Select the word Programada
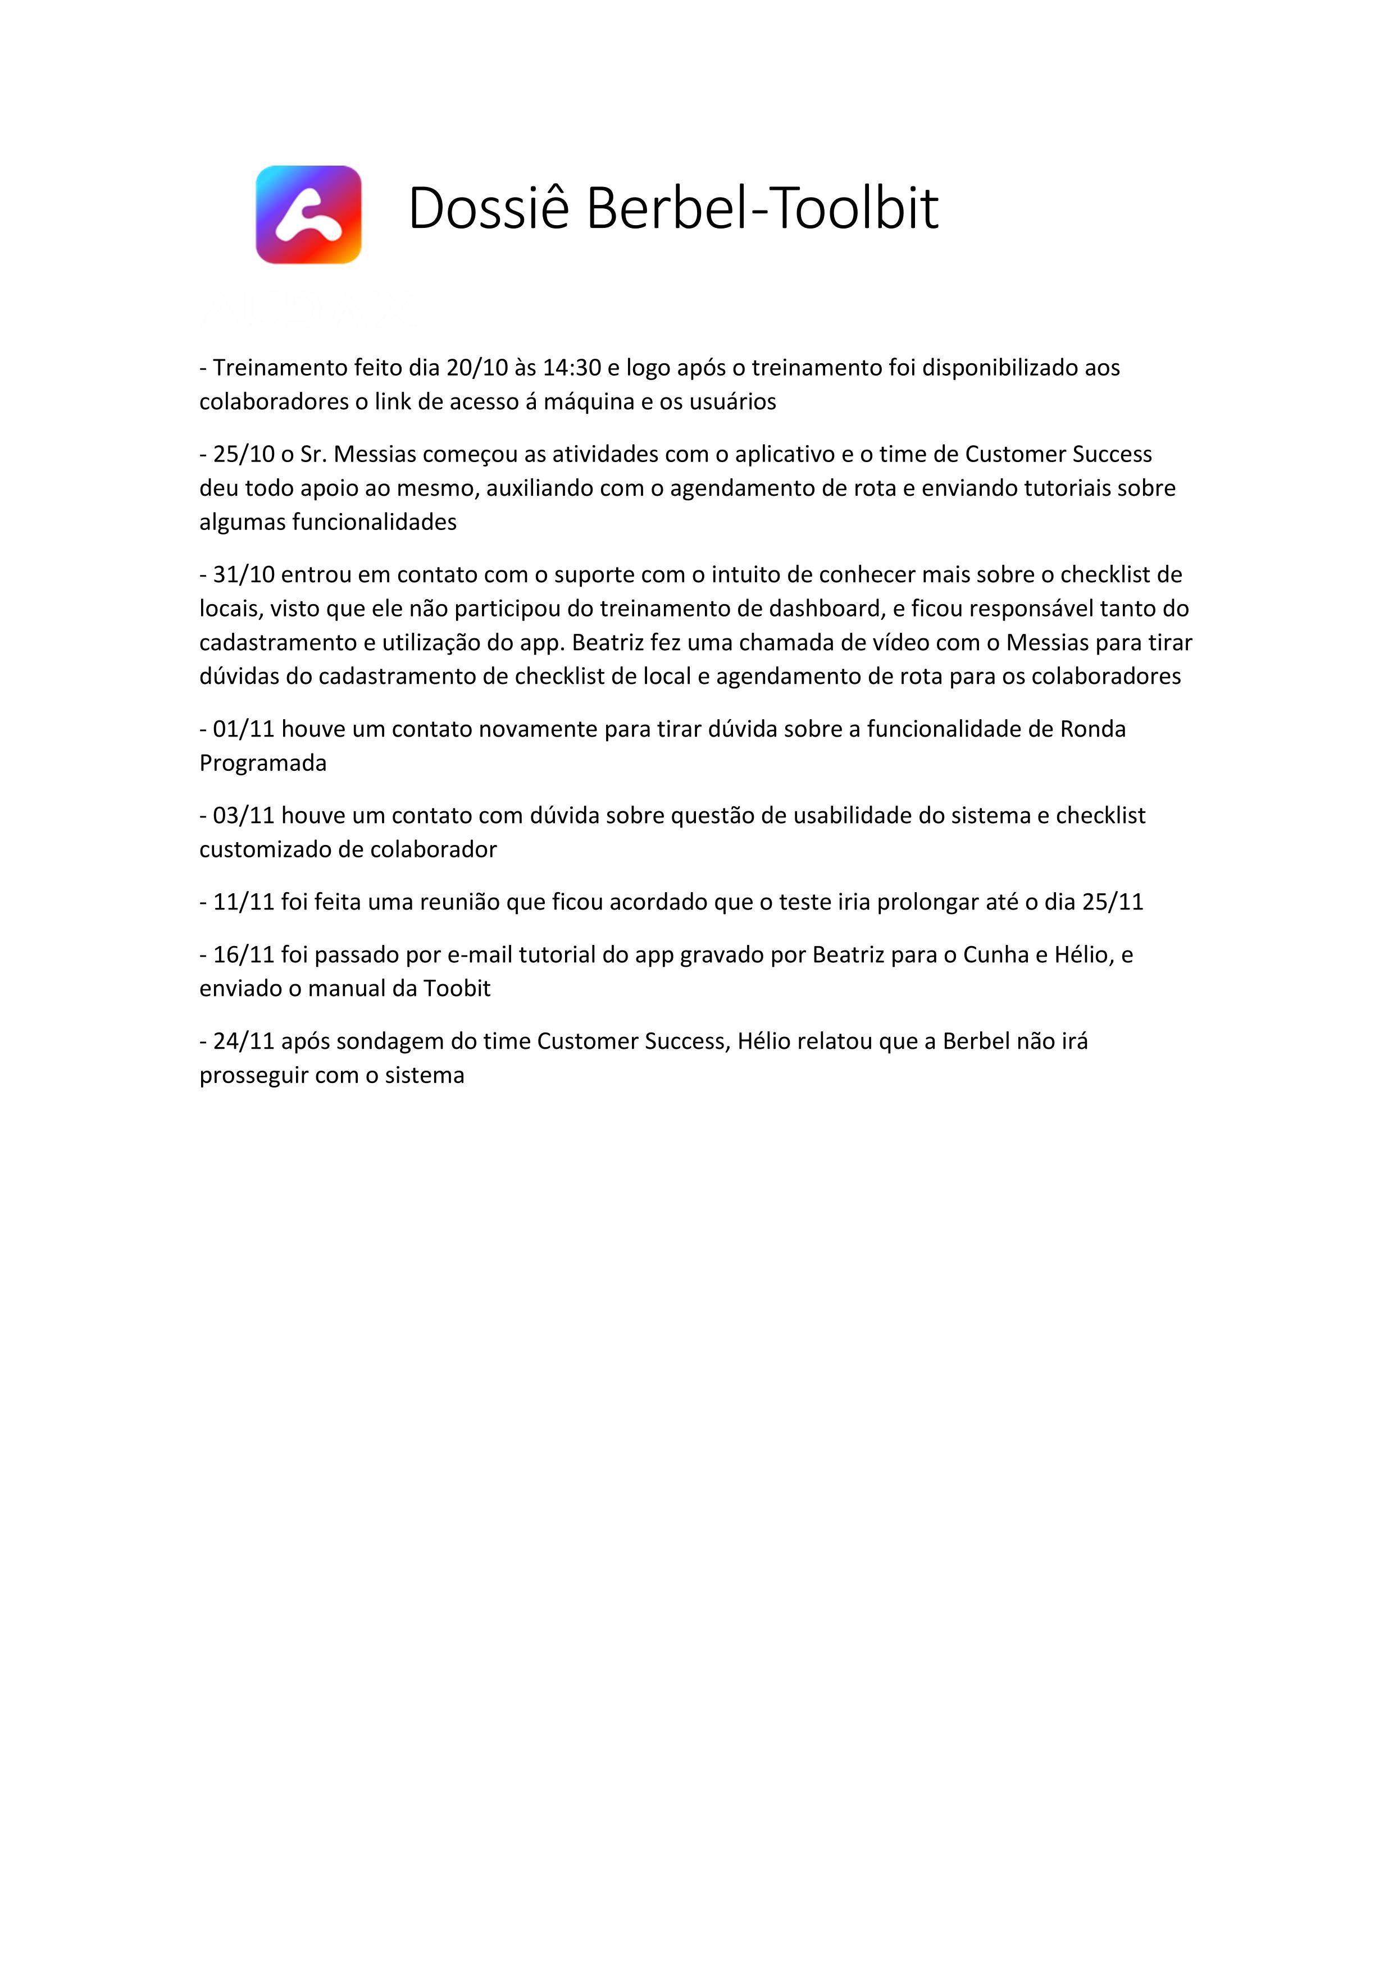click(x=262, y=763)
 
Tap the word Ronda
click(x=1093, y=729)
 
